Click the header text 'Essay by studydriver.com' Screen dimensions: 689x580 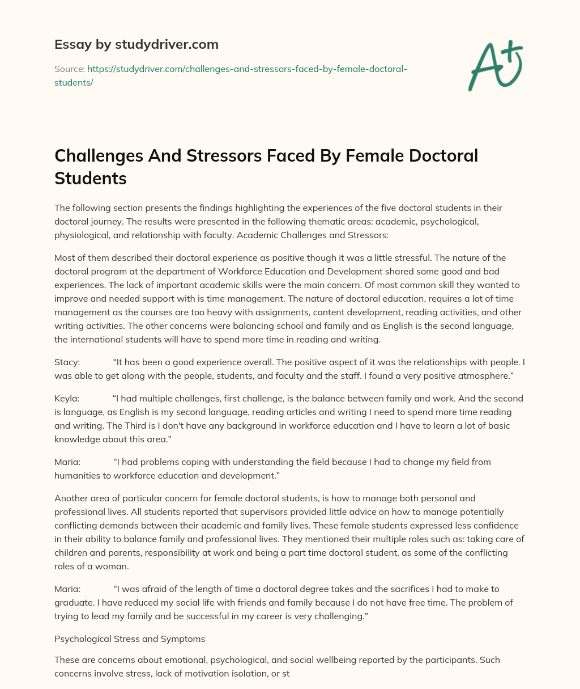[x=136, y=44]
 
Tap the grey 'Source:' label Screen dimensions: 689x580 [x=69, y=69]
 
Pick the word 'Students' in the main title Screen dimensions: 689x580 [x=90, y=178]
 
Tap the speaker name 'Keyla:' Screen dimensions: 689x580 [x=67, y=398]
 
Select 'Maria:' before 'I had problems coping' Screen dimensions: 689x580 [x=67, y=462]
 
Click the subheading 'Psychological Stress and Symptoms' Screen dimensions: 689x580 [x=130, y=639]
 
